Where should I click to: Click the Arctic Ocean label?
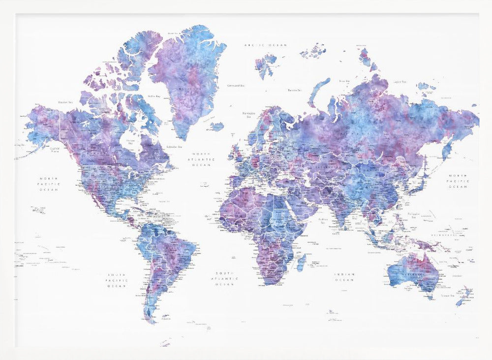click(x=266, y=45)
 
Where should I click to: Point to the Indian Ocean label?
click(x=344, y=277)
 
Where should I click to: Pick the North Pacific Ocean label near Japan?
click(x=458, y=181)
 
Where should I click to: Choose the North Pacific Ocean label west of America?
click(x=49, y=184)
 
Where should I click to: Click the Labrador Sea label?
click(x=173, y=146)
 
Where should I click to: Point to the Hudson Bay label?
click(x=130, y=141)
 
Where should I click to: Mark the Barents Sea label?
click(x=294, y=90)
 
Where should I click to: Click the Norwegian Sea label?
click(x=247, y=115)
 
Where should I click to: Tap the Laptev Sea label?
click(x=399, y=82)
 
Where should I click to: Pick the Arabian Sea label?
click(x=323, y=219)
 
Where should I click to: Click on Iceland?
click(x=216, y=127)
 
